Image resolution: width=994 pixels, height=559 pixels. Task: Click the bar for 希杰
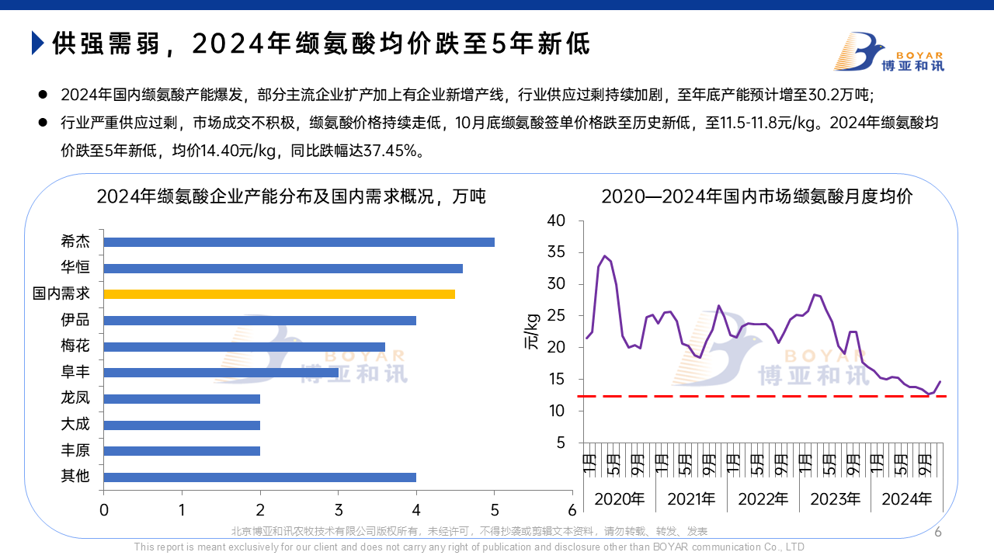[299, 242]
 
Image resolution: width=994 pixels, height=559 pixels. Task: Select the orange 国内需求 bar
[280, 294]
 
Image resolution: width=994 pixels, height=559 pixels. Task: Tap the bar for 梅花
[245, 346]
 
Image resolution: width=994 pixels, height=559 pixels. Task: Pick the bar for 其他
[260, 477]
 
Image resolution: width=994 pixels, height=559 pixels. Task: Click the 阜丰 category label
[75, 373]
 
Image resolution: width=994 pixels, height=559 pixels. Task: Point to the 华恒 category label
[75, 268]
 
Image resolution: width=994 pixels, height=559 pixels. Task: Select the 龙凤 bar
[182, 398]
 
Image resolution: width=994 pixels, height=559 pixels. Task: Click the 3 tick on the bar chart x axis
[339, 510]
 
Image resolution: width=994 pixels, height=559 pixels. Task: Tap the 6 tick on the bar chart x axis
[572, 510]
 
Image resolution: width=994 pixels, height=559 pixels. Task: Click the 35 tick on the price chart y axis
[557, 252]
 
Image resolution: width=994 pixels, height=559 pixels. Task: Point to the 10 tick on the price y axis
[557, 411]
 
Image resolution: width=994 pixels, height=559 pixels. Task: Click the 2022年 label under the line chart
[763, 499]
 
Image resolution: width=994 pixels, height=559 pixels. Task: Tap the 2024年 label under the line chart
[906, 499]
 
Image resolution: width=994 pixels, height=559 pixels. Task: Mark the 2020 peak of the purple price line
[604, 256]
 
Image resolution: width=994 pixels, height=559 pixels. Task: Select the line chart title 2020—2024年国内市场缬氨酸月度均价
[757, 196]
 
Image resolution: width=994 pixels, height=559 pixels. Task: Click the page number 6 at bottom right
[937, 532]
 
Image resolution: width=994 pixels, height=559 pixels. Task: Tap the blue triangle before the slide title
[37, 43]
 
